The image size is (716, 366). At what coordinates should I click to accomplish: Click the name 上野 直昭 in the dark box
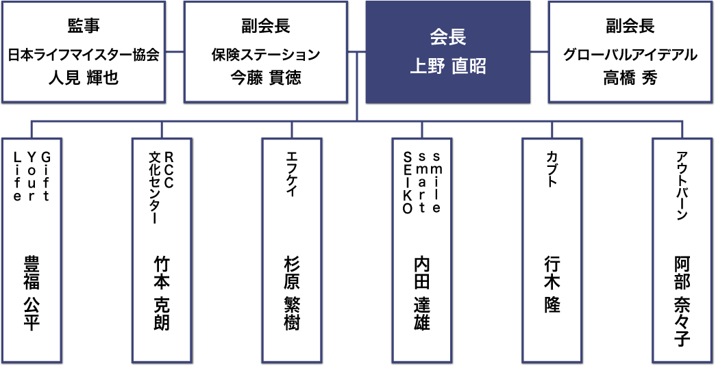coord(447,66)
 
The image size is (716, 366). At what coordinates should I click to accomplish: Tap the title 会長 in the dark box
coord(447,36)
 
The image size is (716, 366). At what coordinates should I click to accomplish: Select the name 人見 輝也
coord(84,78)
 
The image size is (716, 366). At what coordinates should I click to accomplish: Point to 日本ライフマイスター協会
coord(84,54)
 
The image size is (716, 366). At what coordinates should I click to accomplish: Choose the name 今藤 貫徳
coord(266,78)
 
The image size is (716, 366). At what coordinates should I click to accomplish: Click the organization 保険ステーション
coord(266,54)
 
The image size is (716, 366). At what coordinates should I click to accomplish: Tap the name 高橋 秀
coord(630,78)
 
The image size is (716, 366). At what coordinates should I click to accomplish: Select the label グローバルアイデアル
coord(630,54)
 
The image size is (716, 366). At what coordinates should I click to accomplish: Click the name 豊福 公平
coord(32,293)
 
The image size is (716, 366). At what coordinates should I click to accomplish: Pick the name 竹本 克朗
coord(162,293)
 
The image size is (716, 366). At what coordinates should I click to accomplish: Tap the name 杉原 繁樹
coord(292,293)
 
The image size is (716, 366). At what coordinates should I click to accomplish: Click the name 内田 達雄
coord(422,293)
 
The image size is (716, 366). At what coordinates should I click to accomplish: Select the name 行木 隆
coord(552,283)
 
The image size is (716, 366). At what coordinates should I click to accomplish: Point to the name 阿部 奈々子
coord(682,301)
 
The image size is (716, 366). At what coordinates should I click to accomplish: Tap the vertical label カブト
coord(552,167)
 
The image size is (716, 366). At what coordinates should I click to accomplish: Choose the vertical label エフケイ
coord(292,174)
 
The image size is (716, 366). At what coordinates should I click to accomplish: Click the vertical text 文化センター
coord(155,185)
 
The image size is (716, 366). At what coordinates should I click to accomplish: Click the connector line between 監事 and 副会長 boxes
coord(175,51)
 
